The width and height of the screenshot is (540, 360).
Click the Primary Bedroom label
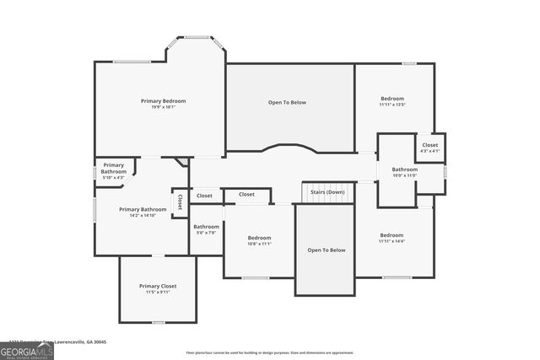pyautogui.click(x=163, y=100)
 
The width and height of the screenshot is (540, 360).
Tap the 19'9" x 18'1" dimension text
pyautogui.click(x=163, y=107)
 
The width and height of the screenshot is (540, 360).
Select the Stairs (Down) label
pyautogui.click(x=327, y=192)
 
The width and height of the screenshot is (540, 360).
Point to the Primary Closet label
pyautogui.click(x=157, y=286)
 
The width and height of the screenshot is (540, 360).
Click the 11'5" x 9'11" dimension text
pyautogui.click(x=157, y=293)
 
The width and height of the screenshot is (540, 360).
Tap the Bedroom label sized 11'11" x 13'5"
pyautogui.click(x=392, y=99)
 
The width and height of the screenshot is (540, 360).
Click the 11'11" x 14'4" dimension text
pyautogui.click(x=391, y=241)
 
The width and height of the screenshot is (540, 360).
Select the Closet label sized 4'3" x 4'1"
pyautogui.click(x=429, y=145)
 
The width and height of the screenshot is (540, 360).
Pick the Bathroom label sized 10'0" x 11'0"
pyautogui.click(x=404, y=169)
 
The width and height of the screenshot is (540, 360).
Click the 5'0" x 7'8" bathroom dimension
pyautogui.click(x=206, y=233)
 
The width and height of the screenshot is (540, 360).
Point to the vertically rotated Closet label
pyautogui.click(x=180, y=202)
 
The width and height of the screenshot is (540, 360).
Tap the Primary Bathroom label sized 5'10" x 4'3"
pyautogui.click(x=113, y=168)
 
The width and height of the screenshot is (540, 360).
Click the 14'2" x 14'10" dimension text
pyautogui.click(x=142, y=216)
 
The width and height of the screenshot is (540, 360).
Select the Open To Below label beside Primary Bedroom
pyautogui.click(x=287, y=102)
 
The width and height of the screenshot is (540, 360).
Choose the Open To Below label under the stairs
pyautogui.click(x=326, y=250)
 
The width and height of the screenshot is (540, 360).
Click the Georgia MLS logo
pyautogui.click(x=26, y=352)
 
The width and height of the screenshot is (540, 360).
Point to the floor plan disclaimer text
pyautogui.click(x=270, y=352)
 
